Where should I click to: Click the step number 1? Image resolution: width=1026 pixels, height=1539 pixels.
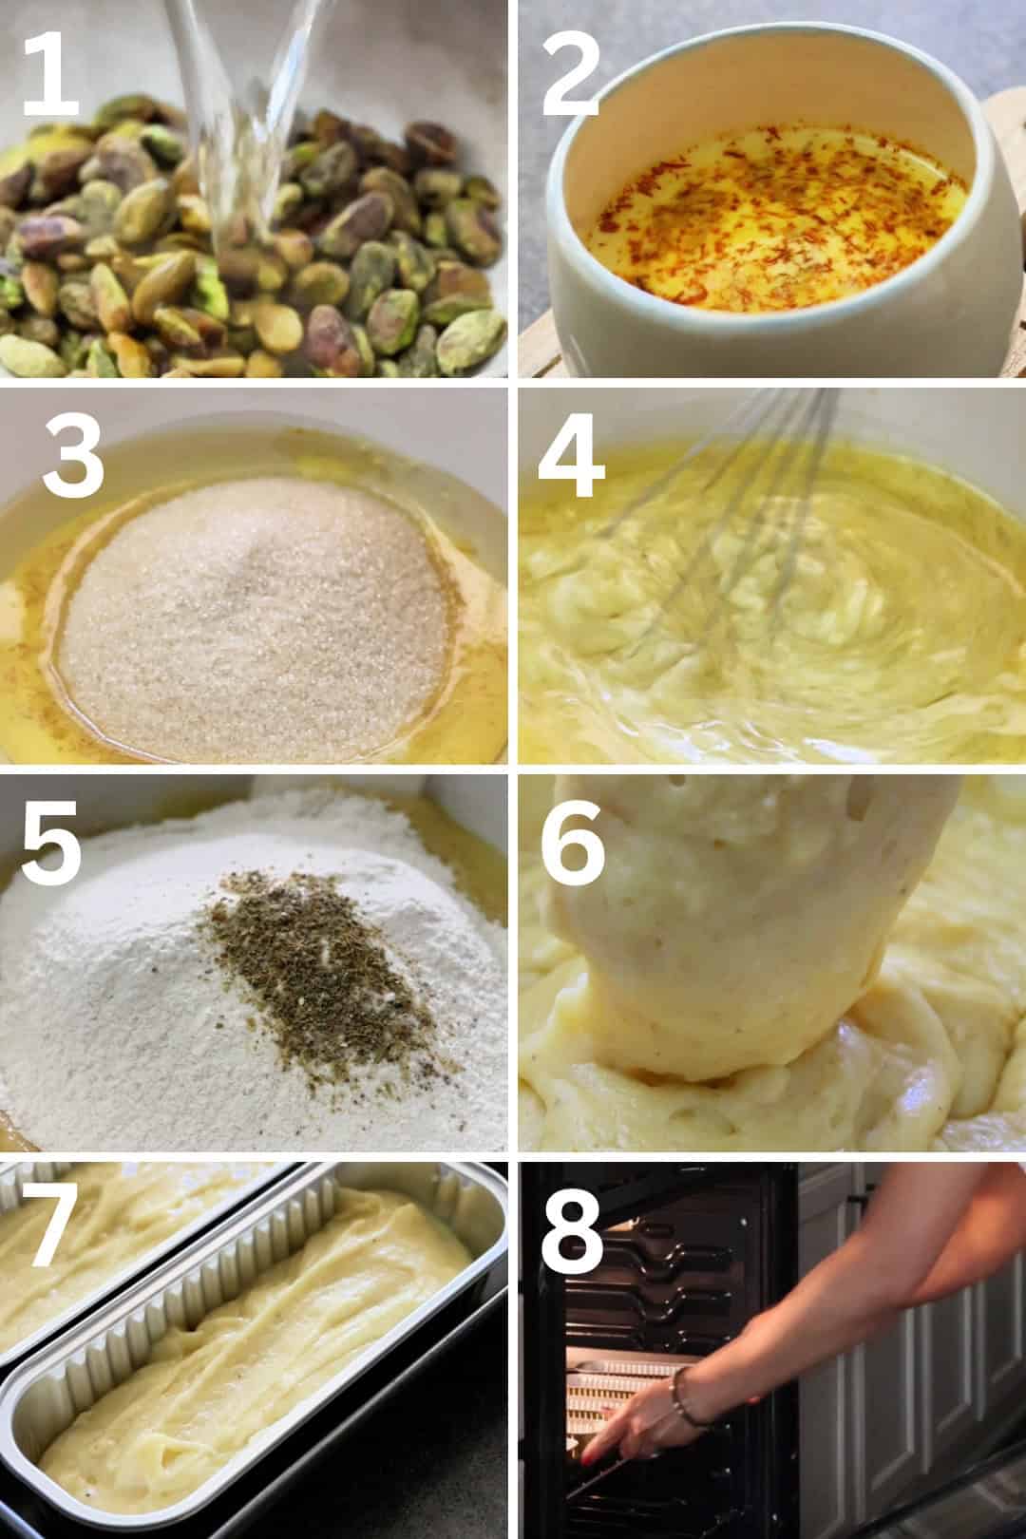tap(50, 76)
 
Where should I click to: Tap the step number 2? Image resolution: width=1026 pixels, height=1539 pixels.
tap(570, 76)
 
